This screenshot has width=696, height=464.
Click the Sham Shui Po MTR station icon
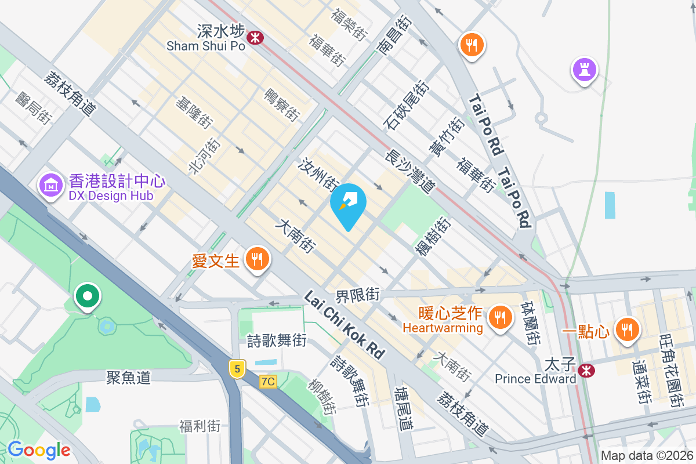coord(254,38)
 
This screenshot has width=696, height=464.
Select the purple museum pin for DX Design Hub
coord(51,185)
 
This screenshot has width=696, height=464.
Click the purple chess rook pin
coord(584,70)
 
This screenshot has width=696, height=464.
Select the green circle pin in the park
coord(88,297)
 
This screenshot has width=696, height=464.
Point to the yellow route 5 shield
coord(236,368)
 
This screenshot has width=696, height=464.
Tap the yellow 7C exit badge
coord(268,381)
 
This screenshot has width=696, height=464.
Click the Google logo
coord(39,449)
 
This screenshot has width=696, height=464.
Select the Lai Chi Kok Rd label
coord(345,325)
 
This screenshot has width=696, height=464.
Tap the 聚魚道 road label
coord(128,378)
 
